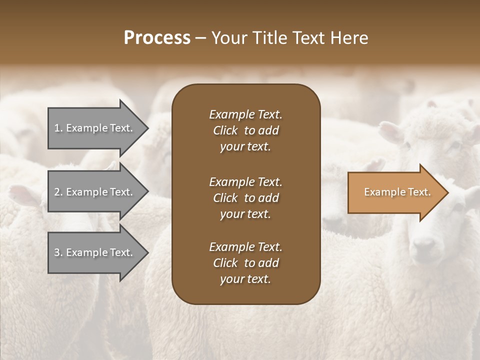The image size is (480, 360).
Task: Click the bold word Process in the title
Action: point(157,38)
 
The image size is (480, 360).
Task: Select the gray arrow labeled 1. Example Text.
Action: point(95,128)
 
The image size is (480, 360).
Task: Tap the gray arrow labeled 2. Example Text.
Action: point(95,192)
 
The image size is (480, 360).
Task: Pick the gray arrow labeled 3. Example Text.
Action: point(95,252)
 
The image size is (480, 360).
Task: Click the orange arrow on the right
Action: point(395,192)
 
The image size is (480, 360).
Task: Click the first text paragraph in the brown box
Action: point(245,130)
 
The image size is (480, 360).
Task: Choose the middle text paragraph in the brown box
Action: point(245,197)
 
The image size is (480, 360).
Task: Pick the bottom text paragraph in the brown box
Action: point(245,263)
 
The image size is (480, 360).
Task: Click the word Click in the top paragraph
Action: point(225,131)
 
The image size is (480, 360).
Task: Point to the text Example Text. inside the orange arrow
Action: point(397,192)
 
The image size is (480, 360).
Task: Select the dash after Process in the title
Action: point(201,38)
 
